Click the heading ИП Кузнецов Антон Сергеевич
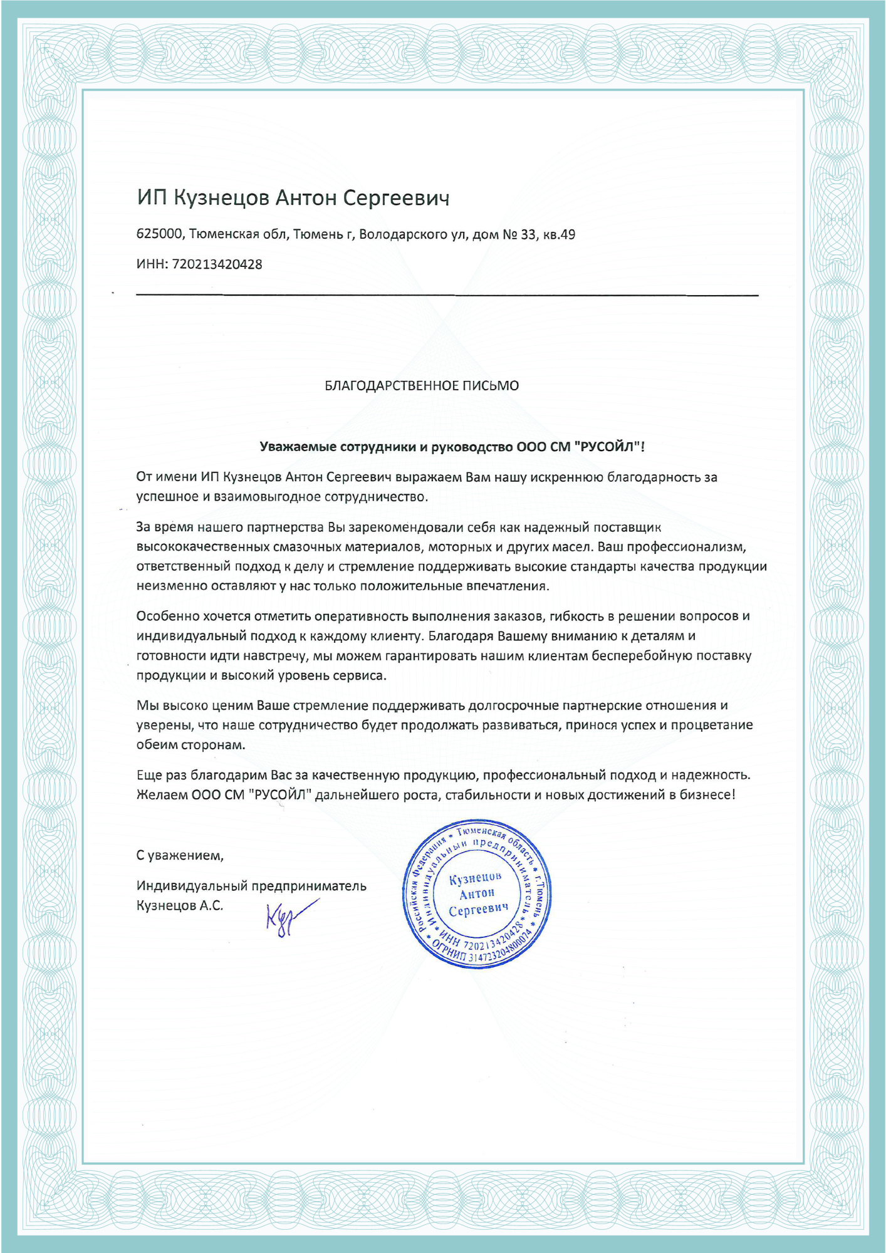(293, 198)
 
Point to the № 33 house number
(519, 235)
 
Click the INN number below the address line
(217, 264)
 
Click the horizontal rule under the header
(447, 294)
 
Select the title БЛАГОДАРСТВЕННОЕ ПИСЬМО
(421, 386)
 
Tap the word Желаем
(162, 795)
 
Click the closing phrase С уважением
(180, 855)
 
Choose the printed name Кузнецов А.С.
(180, 906)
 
